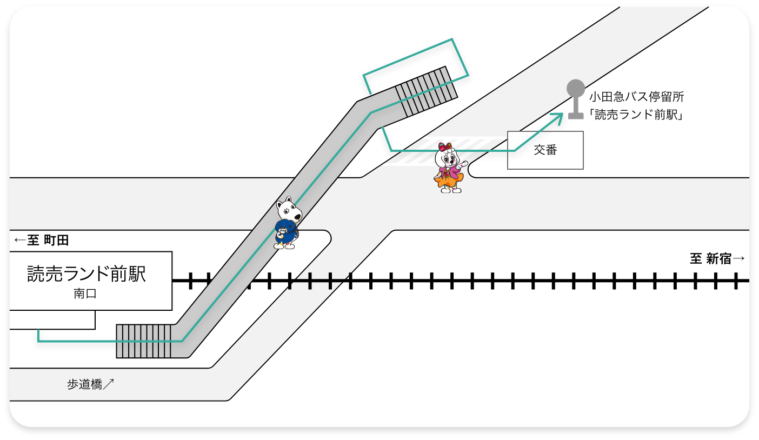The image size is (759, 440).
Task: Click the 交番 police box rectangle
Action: click(545, 150)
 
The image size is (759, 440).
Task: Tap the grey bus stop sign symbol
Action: click(576, 100)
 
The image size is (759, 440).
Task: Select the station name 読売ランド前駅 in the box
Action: click(86, 274)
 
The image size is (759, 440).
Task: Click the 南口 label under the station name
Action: click(85, 295)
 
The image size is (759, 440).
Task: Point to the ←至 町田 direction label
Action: click(42, 240)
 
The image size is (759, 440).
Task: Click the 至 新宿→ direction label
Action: click(717, 259)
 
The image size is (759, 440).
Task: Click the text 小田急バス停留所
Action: click(636, 97)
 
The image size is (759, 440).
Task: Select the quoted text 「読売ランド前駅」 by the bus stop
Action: click(636, 115)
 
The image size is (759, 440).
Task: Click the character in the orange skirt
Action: click(449, 168)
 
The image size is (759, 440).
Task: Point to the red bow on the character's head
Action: click(445, 146)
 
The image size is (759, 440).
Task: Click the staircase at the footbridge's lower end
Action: click(144, 341)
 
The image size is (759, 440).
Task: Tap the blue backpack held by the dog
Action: click(285, 230)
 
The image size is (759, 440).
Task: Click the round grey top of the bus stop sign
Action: click(576, 88)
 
